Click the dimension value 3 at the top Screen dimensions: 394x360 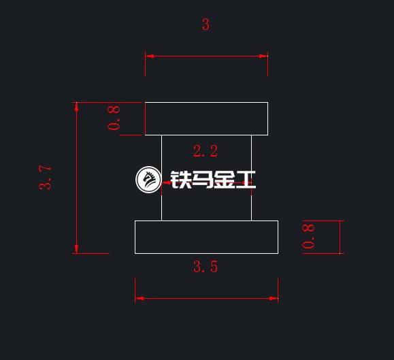point(206,24)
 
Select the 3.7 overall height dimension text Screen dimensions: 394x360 point(45,177)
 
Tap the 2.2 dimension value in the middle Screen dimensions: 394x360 point(206,151)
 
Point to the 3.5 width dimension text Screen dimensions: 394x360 point(206,267)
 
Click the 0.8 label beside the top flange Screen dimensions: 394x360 point(114,118)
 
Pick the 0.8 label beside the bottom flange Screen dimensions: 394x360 point(308,236)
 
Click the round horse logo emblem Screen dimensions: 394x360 point(148,180)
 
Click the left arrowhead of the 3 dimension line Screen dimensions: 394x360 point(150,56)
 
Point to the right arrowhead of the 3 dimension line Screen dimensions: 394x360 point(263,56)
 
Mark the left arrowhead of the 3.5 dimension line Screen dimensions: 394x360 point(139,299)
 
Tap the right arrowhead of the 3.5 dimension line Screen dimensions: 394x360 point(274,299)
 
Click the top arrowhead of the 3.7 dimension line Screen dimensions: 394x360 point(77,107)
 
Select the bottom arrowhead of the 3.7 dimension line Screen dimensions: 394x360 point(77,249)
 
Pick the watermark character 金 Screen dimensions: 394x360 point(224,180)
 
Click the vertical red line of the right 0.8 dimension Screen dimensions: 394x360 point(340,237)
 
